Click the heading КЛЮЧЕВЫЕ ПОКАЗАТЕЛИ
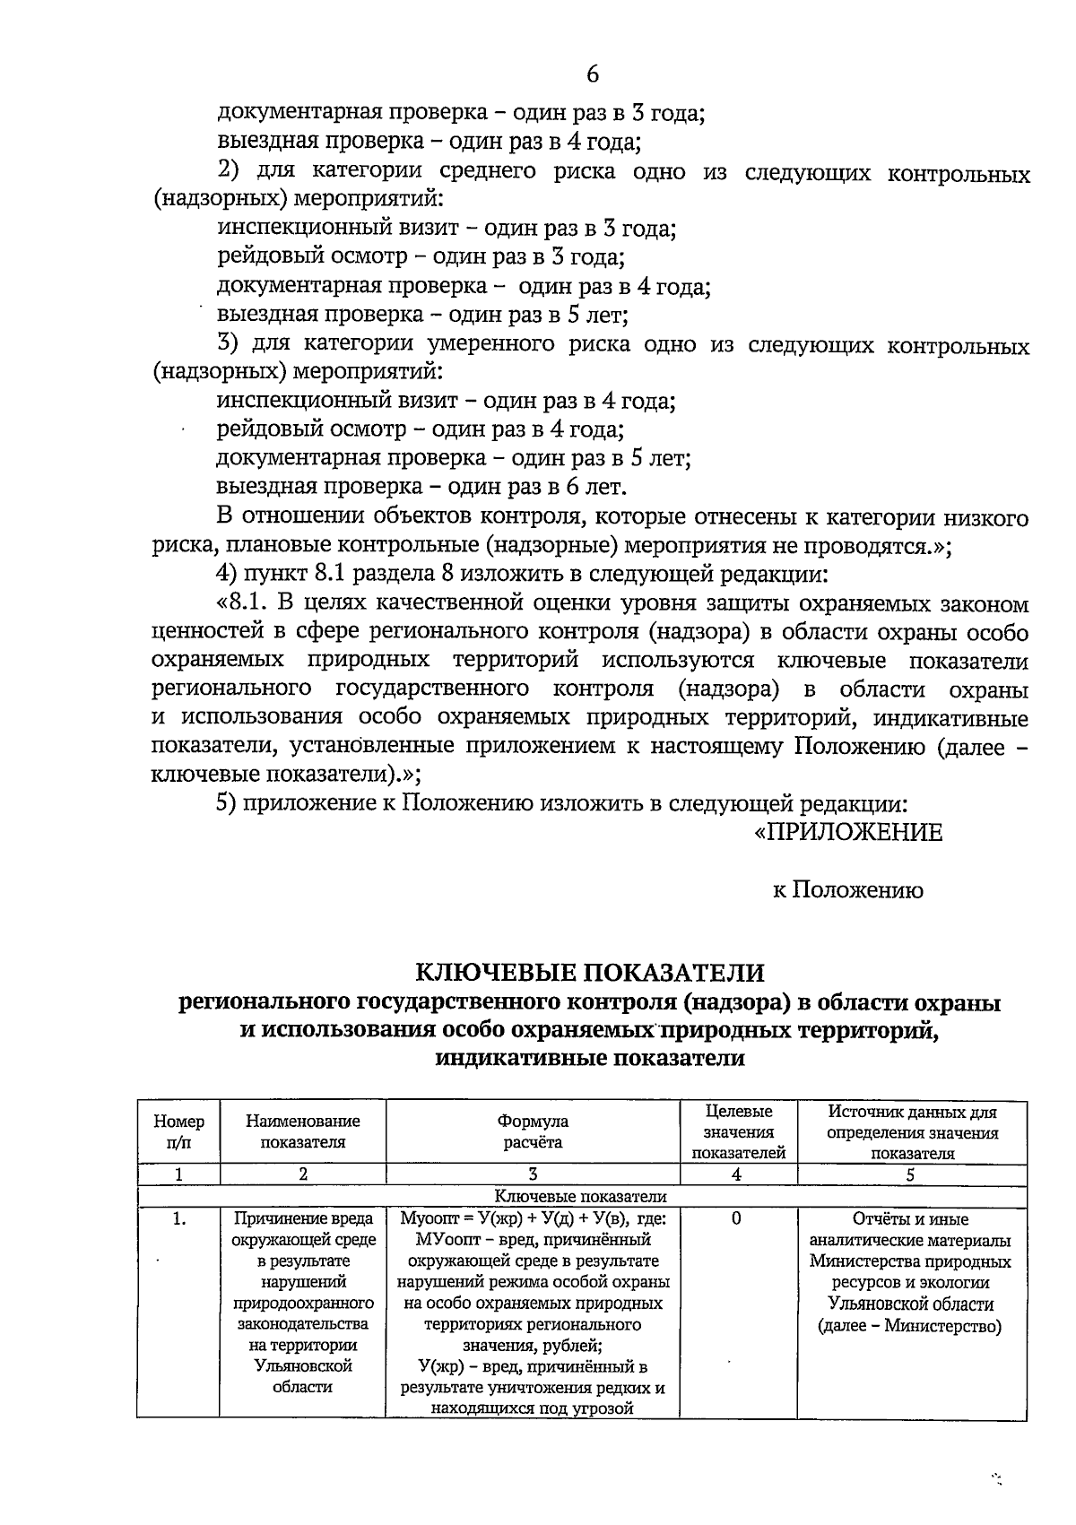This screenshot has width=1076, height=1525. coord(589,973)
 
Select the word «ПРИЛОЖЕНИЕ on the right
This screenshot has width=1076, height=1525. coord(847,833)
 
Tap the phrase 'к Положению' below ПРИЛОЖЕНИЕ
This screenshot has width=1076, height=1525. coord(847,890)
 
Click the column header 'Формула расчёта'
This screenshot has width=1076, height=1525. coord(533,1132)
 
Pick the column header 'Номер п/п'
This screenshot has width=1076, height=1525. coord(178,1132)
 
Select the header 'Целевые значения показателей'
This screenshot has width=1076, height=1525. coord(738,1132)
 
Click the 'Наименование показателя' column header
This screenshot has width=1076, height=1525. coord(303,1132)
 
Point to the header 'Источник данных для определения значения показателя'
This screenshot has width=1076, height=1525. coord(912,1132)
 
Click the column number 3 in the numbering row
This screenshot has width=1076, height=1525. coord(533,1174)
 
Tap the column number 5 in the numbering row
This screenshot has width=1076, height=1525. coord(910,1174)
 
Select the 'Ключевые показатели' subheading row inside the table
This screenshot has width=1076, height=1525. coord(581,1196)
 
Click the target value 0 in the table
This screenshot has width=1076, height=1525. coord(736,1219)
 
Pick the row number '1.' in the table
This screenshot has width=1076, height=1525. coord(179,1219)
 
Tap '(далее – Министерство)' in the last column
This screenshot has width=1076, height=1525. coord(910,1327)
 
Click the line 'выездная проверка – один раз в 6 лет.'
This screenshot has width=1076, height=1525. coord(421,488)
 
